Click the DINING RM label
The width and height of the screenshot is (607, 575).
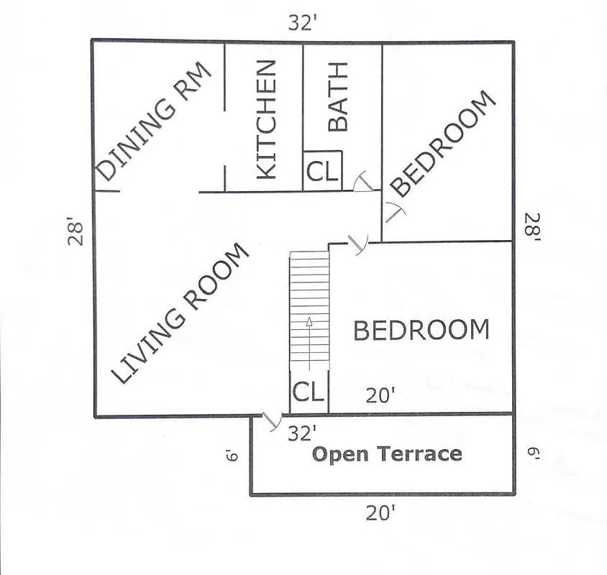click(x=153, y=121)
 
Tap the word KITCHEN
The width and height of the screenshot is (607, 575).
click(x=265, y=119)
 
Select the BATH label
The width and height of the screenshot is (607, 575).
click(x=337, y=96)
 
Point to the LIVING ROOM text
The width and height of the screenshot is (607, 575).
click(x=181, y=313)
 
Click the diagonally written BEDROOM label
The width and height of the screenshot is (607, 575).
click(x=445, y=144)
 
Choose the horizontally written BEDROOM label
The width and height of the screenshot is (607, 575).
click(x=421, y=330)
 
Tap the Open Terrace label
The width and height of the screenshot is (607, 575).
click(x=386, y=454)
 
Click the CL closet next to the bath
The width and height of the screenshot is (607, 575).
click(x=321, y=172)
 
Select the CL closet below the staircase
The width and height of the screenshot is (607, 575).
click(x=308, y=392)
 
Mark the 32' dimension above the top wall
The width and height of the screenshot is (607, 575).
click(x=303, y=23)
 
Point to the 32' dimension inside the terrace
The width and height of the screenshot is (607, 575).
click(x=302, y=433)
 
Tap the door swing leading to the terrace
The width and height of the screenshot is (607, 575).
click(x=272, y=422)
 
